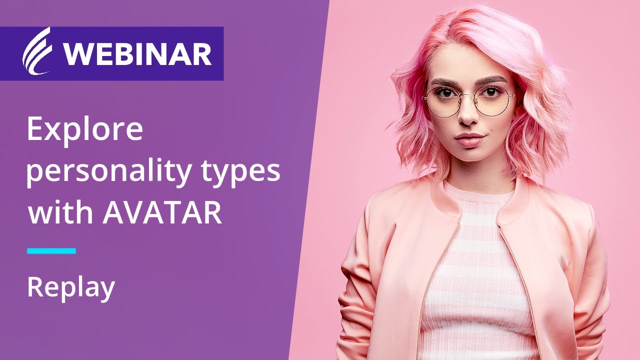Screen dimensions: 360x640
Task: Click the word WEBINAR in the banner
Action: click(x=137, y=54)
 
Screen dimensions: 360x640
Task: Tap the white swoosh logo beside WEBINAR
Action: click(x=37, y=52)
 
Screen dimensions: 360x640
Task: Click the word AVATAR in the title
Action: click(x=162, y=212)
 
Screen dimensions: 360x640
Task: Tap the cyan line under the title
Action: click(x=51, y=250)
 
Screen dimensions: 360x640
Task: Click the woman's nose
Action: click(x=468, y=116)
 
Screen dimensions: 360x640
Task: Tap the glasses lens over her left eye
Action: click(x=492, y=100)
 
